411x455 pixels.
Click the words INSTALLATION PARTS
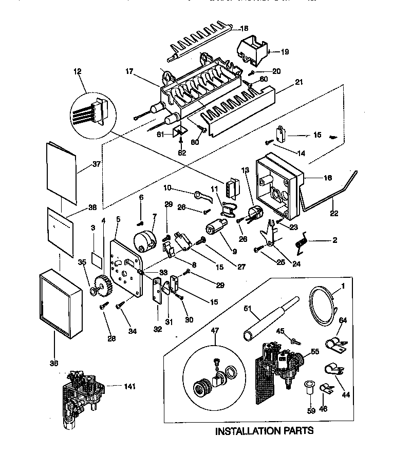click(x=264, y=431)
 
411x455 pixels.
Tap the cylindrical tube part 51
click(x=269, y=320)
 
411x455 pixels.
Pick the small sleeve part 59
click(x=309, y=386)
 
